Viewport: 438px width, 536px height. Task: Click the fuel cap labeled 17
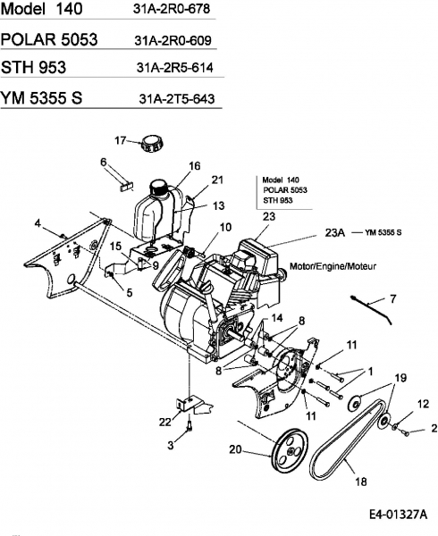click(x=152, y=144)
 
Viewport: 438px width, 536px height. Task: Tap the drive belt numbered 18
click(x=347, y=441)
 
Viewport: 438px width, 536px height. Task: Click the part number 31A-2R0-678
click(x=172, y=9)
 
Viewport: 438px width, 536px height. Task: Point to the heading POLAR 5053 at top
click(x=49, y=39)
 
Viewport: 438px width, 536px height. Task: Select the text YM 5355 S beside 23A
click(x=383, y=232)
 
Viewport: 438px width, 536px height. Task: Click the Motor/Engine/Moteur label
click(x=333, y=266)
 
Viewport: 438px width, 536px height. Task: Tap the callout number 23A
click(x=334, y=232)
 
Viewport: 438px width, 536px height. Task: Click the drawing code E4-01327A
click(x=398, y=523)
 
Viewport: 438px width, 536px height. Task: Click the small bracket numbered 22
click(x=194, y=405)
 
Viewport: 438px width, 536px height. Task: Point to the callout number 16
click(x=194, y=166)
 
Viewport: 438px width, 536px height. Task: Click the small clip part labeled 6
click(x=126, y=187)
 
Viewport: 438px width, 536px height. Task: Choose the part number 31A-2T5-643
click(x=177, y=99)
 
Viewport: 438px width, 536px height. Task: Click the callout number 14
click(x=277, y=318)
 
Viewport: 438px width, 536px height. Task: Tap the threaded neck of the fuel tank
click(x=158, y=188)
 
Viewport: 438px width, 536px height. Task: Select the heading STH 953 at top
click(x=33, y=67)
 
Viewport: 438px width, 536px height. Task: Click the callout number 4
click(x=38, y=223)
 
